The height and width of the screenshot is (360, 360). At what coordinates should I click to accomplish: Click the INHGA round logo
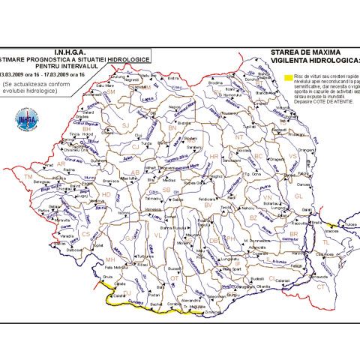pyautogui.click(x=26, y=117)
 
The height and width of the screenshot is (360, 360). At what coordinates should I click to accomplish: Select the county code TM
pyautogui.click(x=30, y=177)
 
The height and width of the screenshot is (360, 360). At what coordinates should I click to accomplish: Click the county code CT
pyautogui.click(x=319, y=286)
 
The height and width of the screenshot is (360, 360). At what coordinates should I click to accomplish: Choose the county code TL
pyautogui.click(x=325, y=242)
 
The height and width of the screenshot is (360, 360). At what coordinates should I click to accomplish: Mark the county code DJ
pyautogui.click(x=127, y=292)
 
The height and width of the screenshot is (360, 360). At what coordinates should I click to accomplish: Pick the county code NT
pyautogui.click(x=238, y=138)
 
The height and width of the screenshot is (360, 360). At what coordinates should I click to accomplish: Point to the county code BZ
pyautogui.click(x=253, y=217)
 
